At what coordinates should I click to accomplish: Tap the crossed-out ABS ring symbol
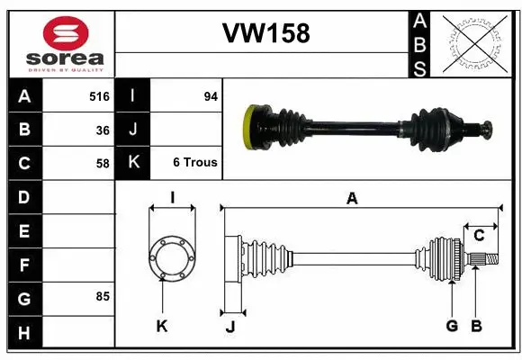click(475, 43)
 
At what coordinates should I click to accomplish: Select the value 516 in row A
click(99, 96)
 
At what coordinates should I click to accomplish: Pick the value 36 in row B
click(103, 130)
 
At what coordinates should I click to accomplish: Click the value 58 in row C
click(103, 163)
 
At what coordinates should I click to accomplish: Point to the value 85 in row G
click(103, 296)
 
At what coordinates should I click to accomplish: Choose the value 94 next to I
click(211, 96)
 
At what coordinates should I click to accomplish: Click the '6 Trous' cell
click(194, 163)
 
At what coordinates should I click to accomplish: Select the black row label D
click(23, 196)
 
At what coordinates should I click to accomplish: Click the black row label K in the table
click(133, 163)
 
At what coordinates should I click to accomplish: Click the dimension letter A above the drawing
click(353, 199)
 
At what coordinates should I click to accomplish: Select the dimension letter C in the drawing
click(479, 236)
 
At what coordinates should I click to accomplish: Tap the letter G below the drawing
click(453, 326)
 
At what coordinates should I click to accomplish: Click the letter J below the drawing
click(229, 327)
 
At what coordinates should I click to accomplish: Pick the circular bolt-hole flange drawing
click(172, 257)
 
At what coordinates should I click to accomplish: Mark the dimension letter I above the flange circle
click(172, 198)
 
